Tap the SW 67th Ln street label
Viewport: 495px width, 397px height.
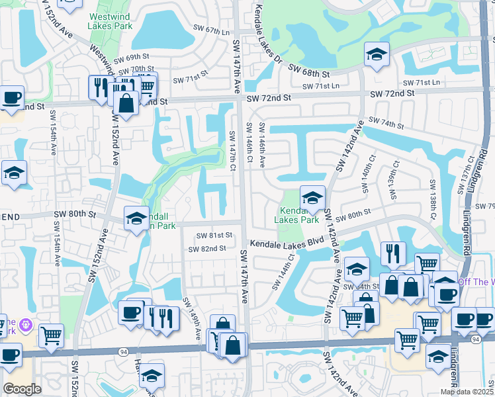click(210, 30)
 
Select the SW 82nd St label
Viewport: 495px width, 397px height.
click(207, 249)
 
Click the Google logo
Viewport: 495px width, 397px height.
click(22, 388)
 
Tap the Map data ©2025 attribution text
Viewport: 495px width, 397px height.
click(467, 392)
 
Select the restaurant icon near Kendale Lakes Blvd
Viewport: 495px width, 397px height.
click(393, 253)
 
